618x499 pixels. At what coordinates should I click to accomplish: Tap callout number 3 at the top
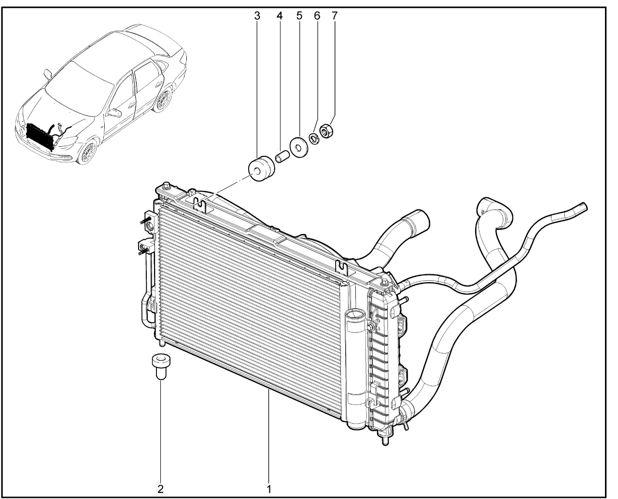click(x=257, y=16)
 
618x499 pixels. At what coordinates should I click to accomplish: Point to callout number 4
click(x=280, y=16)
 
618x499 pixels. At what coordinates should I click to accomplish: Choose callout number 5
click(x=299, y=16)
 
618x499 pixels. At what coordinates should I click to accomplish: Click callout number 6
click(x=317, y=16)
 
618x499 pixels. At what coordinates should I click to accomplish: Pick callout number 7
click(x=335, y=16)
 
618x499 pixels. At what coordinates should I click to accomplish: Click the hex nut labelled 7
click(x=326, y=131)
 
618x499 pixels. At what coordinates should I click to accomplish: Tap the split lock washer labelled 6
click(x=314, y=139)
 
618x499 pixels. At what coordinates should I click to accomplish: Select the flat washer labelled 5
click(x=299, y=147)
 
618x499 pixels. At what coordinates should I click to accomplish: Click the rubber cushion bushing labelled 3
click(x=261, y=169)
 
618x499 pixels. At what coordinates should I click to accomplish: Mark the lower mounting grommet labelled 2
click(x=161, y=367)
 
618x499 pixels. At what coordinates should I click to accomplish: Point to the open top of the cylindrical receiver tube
click(x=354, y=314)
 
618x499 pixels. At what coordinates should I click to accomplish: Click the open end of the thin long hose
click(x=585, y=207)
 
